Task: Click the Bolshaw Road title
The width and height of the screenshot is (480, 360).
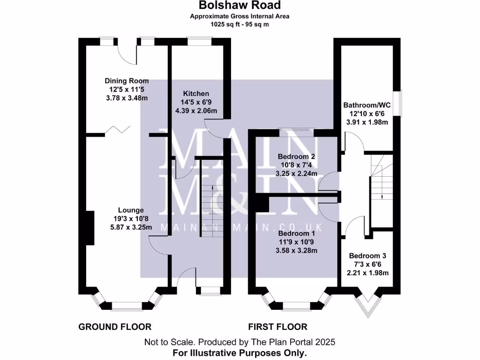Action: (240, 5)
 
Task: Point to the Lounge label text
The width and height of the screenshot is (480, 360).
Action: (131, 210)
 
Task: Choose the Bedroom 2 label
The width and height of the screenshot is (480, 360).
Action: (297, 157)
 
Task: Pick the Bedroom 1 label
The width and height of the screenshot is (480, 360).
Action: (297, 233)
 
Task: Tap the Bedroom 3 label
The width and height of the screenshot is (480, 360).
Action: (367, 256)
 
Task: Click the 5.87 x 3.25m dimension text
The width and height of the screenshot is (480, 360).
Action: (131, 227)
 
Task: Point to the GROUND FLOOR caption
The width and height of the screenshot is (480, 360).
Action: (115, 327)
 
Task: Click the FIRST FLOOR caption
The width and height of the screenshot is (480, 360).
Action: (278, 327)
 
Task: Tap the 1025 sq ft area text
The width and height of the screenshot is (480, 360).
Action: (240, 24)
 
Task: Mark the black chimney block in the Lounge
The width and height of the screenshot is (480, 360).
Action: (90, 227)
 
